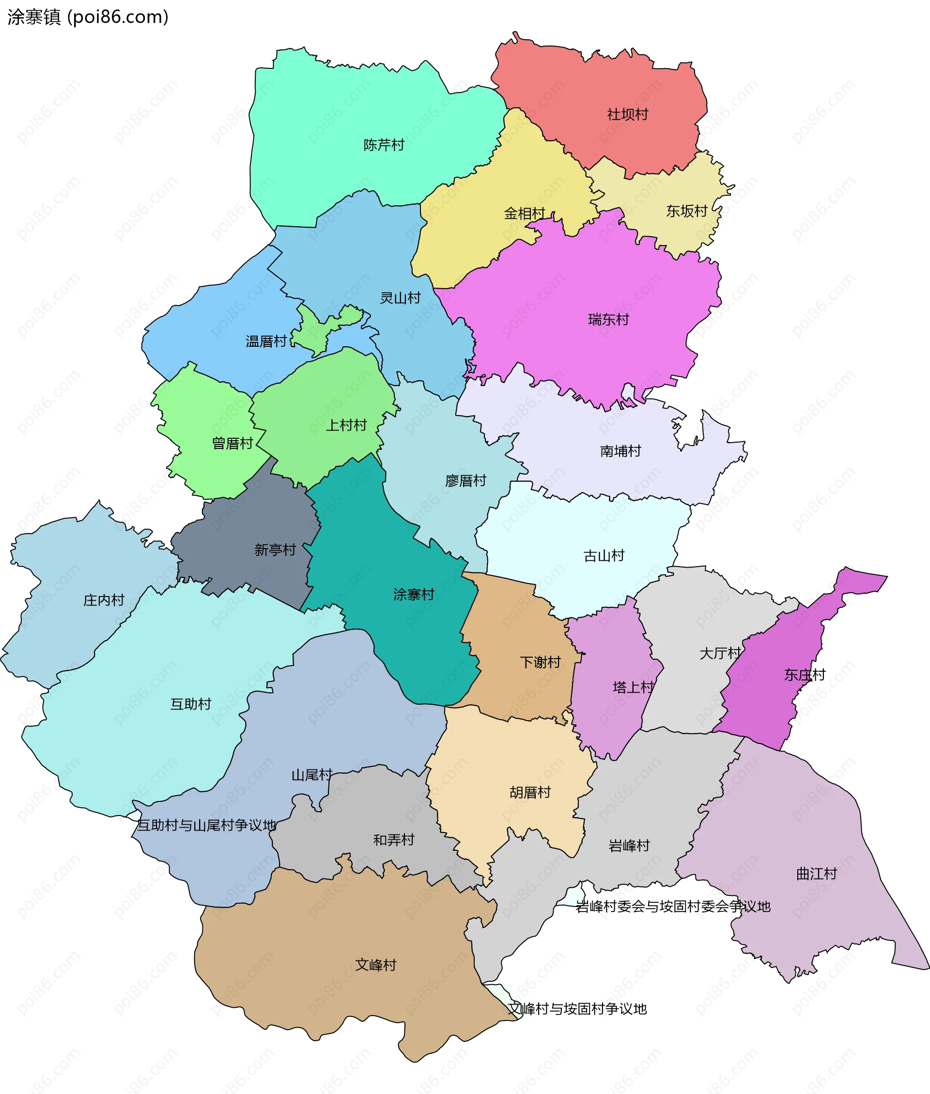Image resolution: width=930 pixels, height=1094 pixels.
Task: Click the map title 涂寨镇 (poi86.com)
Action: (x=88, y=17)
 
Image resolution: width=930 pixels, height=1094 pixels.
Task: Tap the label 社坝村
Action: (x=627, y=114)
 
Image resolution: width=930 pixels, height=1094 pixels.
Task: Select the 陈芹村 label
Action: (x=384, y=145)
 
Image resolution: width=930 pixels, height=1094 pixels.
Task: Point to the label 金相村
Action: (x=524, y=214)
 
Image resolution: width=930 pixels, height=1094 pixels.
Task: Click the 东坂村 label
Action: (x=686, y=211)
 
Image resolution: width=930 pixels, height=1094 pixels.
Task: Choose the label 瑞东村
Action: (x=608, y=319)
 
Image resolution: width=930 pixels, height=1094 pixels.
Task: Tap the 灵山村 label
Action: (x=400, y=298)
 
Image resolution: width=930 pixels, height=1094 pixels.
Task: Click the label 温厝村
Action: (x=266, y=341)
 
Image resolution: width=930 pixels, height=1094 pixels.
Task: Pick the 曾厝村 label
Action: (x=232, y=443)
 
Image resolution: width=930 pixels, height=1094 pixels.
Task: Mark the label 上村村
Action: (x=346, y=425)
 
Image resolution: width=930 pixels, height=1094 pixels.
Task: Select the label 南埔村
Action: (x=620, y=451)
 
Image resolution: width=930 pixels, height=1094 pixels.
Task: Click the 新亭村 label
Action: (x=275, y=550)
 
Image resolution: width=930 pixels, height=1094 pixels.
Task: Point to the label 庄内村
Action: (x=104, y=600)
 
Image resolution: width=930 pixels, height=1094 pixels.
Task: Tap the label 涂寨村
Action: (x=414, y=594)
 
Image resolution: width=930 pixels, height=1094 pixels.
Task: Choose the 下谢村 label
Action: (x=540, y=663)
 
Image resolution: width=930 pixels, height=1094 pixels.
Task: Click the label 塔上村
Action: (x=633, y=687)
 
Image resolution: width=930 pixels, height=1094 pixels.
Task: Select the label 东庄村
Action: (x=805, y=675)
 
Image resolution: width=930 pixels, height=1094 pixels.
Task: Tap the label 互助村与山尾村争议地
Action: (x=207, y=825)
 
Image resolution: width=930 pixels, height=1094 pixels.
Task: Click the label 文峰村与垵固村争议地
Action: (x=577, y=1009)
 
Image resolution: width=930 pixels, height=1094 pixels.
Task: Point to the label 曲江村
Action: (x=816, y=874)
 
